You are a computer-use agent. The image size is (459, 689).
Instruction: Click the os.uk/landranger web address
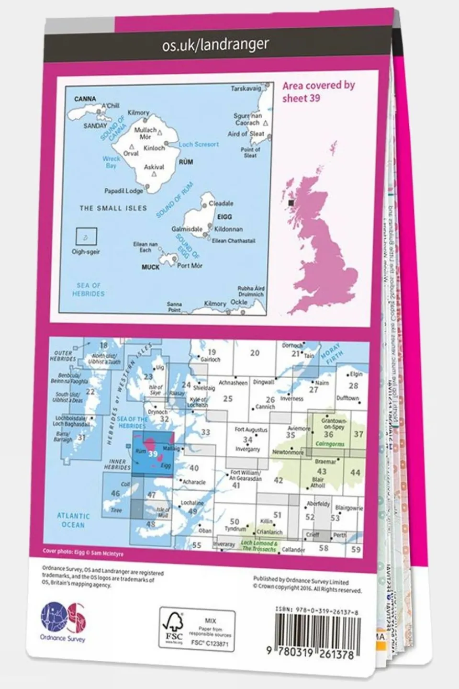pos(215,45)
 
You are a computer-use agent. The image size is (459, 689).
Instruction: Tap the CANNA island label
pos(85,99)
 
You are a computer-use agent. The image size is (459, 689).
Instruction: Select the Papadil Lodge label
pos(123,191)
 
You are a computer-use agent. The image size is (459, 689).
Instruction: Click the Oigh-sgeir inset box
pos(86,237)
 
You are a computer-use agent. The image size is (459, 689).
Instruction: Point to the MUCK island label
pos(150,267)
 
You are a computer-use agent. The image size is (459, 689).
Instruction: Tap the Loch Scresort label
pos(199,144)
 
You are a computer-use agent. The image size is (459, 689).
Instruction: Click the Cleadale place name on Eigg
pos(221,203)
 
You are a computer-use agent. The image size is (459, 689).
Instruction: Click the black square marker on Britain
pos(291,203)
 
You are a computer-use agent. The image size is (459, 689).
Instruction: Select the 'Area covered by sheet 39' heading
pos(318,91)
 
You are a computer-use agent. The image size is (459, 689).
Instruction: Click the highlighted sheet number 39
pos(153,453)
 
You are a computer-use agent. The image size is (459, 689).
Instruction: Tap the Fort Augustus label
pos(251,429)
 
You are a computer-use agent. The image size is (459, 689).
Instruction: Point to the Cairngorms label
pos(330,444)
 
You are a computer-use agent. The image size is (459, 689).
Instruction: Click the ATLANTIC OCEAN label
pos(73,520)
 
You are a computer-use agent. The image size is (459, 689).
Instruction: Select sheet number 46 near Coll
pos(115,493)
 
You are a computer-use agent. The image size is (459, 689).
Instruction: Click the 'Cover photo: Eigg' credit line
pos(83,553)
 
